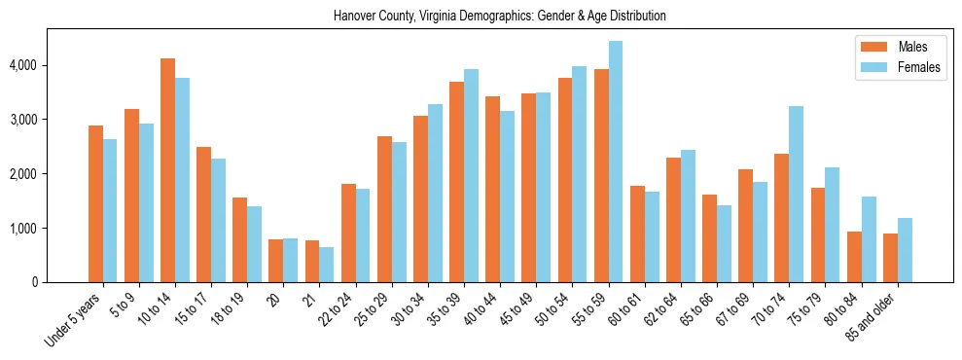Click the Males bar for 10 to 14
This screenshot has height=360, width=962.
coord(167,170)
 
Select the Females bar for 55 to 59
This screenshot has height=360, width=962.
coord(616,162)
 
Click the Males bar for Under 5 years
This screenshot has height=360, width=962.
coord(95,204)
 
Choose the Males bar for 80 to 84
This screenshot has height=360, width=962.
coord(854,257)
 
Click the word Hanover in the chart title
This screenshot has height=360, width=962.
coord(354,17)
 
